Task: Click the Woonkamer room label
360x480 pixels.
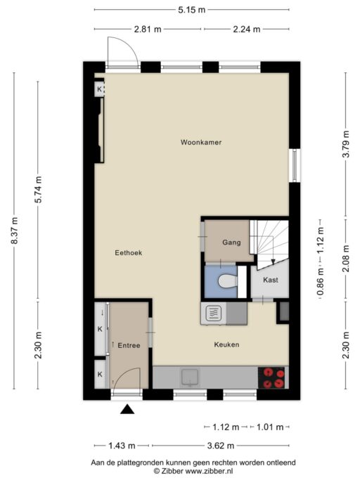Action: click(200, 142)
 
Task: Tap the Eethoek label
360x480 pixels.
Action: click(129, 253)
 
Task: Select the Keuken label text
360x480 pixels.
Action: click(226, 345)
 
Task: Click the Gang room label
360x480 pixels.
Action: click(232, 242)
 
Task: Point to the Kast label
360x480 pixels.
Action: click(271, 280)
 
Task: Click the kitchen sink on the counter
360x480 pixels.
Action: click(191, 378)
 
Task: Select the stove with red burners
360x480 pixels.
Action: click(272, 378)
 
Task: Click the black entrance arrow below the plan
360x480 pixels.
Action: click(127, 410)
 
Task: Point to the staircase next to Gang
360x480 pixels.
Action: click(271, 242)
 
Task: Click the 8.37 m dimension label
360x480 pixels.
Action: click(14, 231)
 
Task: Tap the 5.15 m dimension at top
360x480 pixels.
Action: click(191, 10)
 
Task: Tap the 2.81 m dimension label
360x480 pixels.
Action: click(148, 29)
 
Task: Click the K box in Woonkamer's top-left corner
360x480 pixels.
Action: click(99, 89)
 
